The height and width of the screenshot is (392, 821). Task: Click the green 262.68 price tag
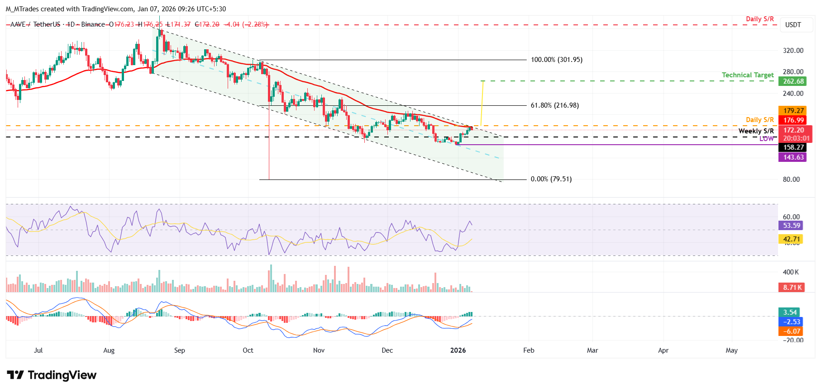pyautogui.click(x=793, y=81)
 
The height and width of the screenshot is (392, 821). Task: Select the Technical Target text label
pyautogui.click(x=747, y=75)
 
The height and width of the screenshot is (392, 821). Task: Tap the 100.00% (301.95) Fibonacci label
pyautogui.click(x=556, y=60)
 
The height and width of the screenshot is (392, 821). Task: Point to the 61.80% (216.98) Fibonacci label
pyautogui.click(x=554, y=105)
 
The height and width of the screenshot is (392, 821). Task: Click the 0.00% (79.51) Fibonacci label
pyautogui.click(x=551, y=179)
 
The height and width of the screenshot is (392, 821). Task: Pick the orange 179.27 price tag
pyautogui.click(x=793, y=111)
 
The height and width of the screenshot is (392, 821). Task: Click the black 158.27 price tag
pyautogui.click(x=793, y=147)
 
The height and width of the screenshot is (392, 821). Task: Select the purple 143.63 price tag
pyautogui.click(x=793, y=157)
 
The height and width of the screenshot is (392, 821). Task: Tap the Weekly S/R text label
pyautogui.click(x=756, y=131)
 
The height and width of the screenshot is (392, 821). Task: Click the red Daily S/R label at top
pyautogui.click(x=759, y=19)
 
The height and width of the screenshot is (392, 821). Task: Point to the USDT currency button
pyautogui.click(x=792, y=25)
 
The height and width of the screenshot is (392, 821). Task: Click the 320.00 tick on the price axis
pyautogui.click(x=793, y=51)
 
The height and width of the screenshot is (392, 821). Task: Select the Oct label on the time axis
pyautogui.click(x=248, y=350)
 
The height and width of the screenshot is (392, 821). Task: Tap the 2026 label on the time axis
pyautogui.click(x=458, y=350)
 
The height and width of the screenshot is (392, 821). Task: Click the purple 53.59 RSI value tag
pyautogui.click(x=792, y=226)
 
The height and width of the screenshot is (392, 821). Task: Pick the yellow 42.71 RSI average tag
pyautogui.click(x=792, y=239)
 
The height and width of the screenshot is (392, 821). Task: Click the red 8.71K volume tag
pyautogui.click(x=792, y=288)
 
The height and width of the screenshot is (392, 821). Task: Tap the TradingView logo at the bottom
pyautogui.click(x=52, y=375)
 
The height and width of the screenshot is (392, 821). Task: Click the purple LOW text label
pyautogui.click(x=766, y=139)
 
